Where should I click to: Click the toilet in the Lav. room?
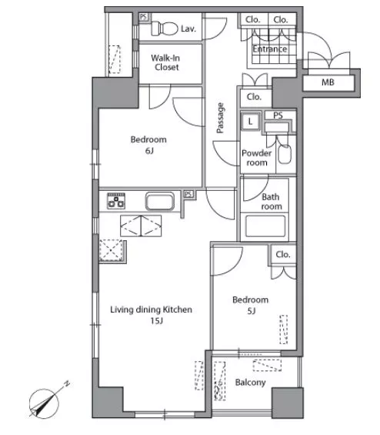tap(165, 28)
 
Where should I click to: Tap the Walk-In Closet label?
tap(165, 62)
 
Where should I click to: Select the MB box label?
tap(328, 82)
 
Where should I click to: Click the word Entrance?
tap(270, 49)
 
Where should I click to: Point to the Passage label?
tap(220, 118)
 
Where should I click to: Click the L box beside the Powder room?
tap(250, 121)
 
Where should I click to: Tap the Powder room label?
tap(257, 158)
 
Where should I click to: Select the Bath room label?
tap(272, 202)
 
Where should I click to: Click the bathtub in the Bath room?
tap(265, 226)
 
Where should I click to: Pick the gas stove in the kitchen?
tap(116, 201)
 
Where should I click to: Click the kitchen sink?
tap(160, 201)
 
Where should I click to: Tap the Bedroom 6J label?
tap(148, 145)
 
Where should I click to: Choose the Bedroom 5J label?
tap(251, 305)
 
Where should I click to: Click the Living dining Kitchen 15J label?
tap(152, 315)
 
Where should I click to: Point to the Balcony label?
tap(251, 383)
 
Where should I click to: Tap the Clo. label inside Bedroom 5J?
tap(283, 254)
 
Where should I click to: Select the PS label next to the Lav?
tap(143, 17)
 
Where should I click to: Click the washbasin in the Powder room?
tap(285, 154)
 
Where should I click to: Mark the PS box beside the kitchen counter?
tap(188, 194)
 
